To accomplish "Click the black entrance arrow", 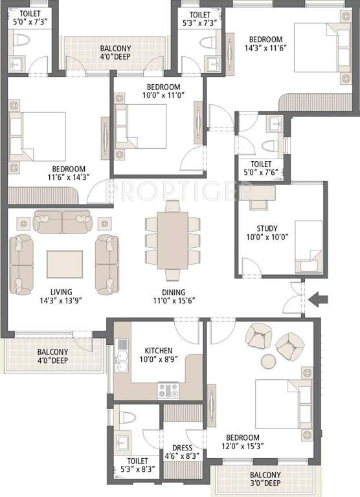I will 319,299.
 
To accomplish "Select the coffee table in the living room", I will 65,263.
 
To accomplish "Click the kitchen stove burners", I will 168,390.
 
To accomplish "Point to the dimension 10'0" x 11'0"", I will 163,94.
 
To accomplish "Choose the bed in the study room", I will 308,248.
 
